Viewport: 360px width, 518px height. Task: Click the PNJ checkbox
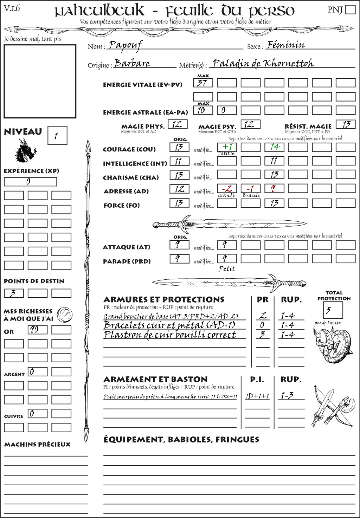click(x=350, y=9)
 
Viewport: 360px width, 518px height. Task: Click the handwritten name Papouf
click(x=125, y=45)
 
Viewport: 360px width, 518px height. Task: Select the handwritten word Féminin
click(x=285, y=45)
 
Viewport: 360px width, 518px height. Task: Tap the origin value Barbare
click(x=132, y=64)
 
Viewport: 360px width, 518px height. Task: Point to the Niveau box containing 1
click(x=57, y=135)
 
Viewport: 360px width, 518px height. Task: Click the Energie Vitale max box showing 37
click(x=203, y=83)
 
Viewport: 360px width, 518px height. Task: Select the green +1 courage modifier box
click(x=227, y=147)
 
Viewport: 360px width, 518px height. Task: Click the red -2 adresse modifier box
click(x=227, y=189)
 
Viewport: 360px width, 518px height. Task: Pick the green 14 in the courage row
click(x=274, y=147)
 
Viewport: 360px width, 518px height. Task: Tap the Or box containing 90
click(x=38, y=330)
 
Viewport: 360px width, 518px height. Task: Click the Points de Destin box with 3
click(x=14, y=293)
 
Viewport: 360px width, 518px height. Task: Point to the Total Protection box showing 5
click(x=332, y=310)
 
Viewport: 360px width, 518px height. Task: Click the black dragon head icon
click(x=25, y=151)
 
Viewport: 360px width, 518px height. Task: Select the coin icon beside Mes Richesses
click(x=65, y=315)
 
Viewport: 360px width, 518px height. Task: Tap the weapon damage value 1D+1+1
click(x=257, y=396)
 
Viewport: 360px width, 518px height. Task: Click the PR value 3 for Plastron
click(x=262, y=335)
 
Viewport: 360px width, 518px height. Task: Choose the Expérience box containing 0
click(x=30, y=182)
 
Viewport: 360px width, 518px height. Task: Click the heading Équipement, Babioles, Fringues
click(x=181, y=440)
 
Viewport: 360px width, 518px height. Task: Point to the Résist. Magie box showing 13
click(x=346, y=124)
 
